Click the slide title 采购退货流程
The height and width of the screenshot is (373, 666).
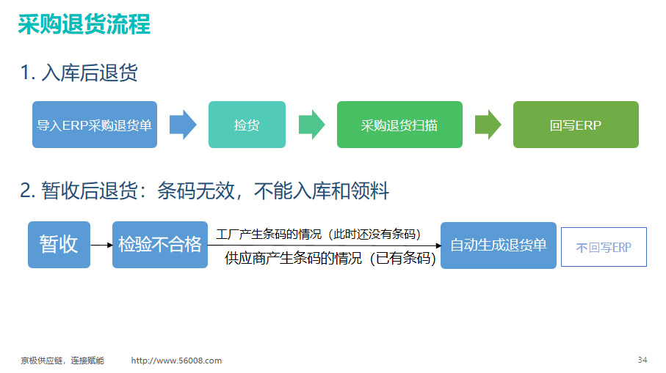[84, 24]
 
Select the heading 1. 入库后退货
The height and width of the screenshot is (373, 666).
[79, 73]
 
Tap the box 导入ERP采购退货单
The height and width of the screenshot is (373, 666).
[95, 125]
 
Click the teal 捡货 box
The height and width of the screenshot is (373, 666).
[247, 125]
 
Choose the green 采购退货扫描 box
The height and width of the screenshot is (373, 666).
[399, 125]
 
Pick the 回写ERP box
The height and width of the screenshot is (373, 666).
[576, 125]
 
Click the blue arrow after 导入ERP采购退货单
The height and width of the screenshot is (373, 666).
[183, 125]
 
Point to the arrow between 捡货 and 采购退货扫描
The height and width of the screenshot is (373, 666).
[312, 125]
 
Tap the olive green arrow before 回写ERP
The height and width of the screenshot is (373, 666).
[488, 125]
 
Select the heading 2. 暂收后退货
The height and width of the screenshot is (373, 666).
[79, 191]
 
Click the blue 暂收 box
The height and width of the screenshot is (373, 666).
[59, 245]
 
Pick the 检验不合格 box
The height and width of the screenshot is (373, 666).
[160, 245]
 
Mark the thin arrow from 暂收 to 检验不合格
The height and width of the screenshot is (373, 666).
[101, 245]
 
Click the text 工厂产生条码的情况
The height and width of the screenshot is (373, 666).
[269, 234]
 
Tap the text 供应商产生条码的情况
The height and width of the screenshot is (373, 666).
[293, 258]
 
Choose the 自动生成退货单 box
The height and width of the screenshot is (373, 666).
[499, 245]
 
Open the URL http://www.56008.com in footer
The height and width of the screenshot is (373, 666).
[176, 361]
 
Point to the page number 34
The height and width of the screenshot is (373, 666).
[643, 360]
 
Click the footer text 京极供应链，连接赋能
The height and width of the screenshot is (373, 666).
[62, 361]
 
